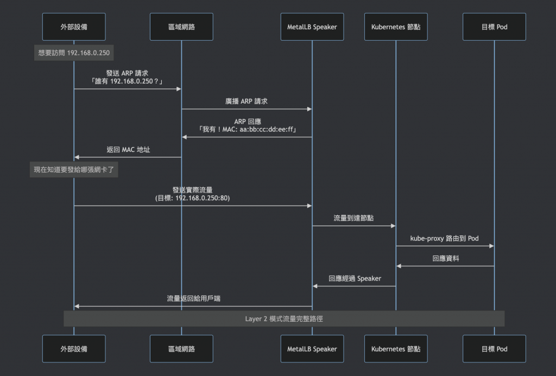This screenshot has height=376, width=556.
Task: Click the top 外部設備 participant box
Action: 74,27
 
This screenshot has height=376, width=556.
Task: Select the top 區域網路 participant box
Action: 181,27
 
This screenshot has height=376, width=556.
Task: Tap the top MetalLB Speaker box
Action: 312,27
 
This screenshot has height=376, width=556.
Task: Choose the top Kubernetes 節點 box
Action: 396,27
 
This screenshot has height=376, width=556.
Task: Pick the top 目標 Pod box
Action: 494,27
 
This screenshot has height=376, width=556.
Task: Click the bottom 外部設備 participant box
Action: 74,349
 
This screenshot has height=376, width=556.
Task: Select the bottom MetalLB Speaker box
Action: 312,349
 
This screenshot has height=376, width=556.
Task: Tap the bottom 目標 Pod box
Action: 494,349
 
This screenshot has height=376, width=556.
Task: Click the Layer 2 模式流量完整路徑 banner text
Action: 284,319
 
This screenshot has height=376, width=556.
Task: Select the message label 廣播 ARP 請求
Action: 247,101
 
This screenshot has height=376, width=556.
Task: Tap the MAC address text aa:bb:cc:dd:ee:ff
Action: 267,130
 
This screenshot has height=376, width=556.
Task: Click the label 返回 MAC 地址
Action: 128,150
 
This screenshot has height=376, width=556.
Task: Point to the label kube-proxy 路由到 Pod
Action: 445,238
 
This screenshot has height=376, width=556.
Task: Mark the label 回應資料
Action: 445,259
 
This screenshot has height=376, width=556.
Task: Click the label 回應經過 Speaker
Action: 355,279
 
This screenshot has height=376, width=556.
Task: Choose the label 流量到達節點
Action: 353,218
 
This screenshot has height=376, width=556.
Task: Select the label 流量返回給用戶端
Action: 193,299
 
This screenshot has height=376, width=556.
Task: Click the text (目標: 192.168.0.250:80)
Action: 192,199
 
